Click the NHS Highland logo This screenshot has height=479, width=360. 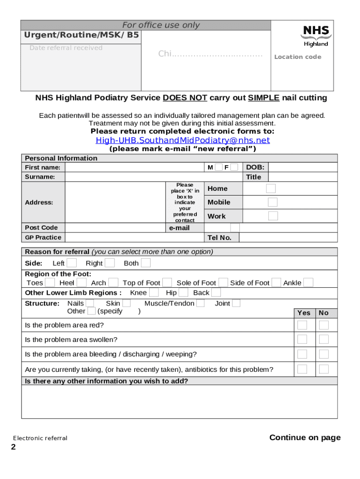(x=316, y=36)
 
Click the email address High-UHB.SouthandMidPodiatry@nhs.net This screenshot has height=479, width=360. (x=183, y=140)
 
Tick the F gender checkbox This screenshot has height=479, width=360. (x=234, y=167)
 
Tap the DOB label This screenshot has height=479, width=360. (x=255, y=167)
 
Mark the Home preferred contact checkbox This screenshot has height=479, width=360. (x=271, y=189)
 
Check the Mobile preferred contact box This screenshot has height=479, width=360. (x=273, y=202)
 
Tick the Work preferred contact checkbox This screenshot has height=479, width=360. (x=273, y=216)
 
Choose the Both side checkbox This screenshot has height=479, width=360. (x=146, y=263)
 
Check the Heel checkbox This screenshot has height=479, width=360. (x=81, y=283)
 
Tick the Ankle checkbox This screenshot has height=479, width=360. (x=309, y=283)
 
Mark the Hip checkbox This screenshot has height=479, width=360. (x=184, y=293)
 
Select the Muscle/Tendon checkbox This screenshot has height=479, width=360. (x=200, y=304)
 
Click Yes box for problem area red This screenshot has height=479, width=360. (x=302, y=325)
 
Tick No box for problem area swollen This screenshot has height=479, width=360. (x=324, y=340)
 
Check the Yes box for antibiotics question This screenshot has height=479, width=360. (x=302, y=369)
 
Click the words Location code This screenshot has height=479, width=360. (x=297, y=57)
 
